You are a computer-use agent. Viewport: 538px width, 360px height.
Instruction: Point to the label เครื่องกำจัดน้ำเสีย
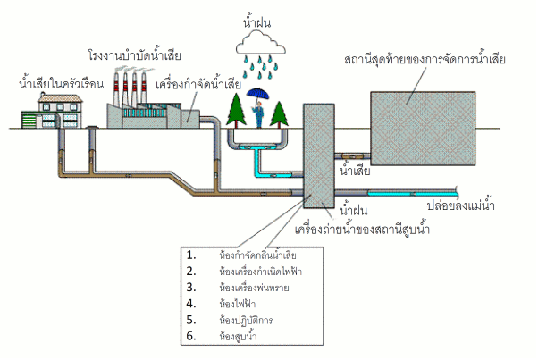pyautogui.click(x=198, y=85)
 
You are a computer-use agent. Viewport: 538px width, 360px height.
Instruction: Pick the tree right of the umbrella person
pyautogui.click(x=279, y=112)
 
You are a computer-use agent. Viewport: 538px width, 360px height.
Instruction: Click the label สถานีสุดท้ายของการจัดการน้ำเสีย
pyautogui.click(x=425, y=60)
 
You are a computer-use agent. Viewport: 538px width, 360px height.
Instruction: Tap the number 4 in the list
pyautogui.click(x=190, y=304)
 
